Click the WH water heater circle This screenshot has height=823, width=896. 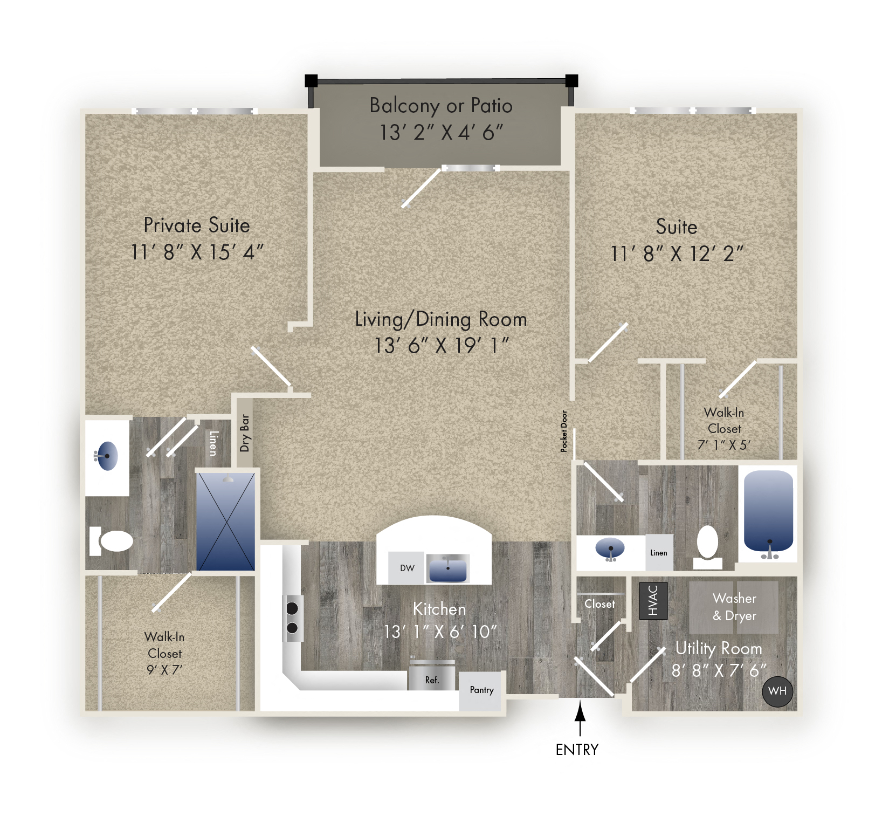(x=777, y=691)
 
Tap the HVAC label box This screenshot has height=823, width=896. (x=653, y=600)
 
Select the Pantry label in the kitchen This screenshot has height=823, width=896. (x=481, y=690)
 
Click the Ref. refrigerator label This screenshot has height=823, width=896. (x=432, y=680)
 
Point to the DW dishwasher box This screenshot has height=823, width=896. (x=407, y=568)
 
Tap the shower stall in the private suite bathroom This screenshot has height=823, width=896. (x=225, y=522)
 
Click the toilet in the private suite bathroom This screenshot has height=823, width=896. (x=112, y=541)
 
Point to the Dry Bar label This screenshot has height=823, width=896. (x=245, y=433)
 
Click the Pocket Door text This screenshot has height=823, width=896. (x=564, y=431)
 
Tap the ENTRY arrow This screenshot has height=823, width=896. (x=580, y=718)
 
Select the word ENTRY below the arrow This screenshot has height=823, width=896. (x=577, y=750)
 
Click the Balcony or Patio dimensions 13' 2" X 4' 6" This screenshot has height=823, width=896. (x=442, y=133)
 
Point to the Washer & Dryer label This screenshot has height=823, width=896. (x=734, y=607)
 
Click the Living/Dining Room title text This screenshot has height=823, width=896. (x=441, y=319)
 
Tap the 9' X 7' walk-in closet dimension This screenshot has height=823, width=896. (x=164, y=670)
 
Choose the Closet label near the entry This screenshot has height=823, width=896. (x=599, y=604)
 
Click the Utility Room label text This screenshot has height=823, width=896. (x=719, y=649)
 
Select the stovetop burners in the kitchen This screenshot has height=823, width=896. (x=292, y=618)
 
